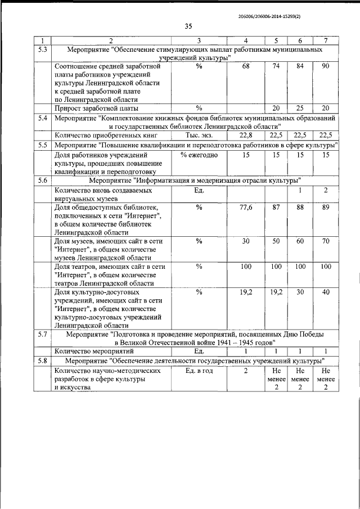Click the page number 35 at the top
point(188,26)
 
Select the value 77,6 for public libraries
point(245,208)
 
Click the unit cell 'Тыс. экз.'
point(199,135)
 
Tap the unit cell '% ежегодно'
point(199,155)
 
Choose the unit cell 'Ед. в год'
point(199,371)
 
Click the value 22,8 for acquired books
point(245,135)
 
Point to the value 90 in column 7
point(326,67)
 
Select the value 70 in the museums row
point(326,241)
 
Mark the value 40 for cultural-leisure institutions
point(326,292)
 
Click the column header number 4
point(245,40)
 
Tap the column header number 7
point(326,40)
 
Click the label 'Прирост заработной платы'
point(97,108)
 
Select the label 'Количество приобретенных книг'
point(105,135)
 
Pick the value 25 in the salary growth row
point(300,108)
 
